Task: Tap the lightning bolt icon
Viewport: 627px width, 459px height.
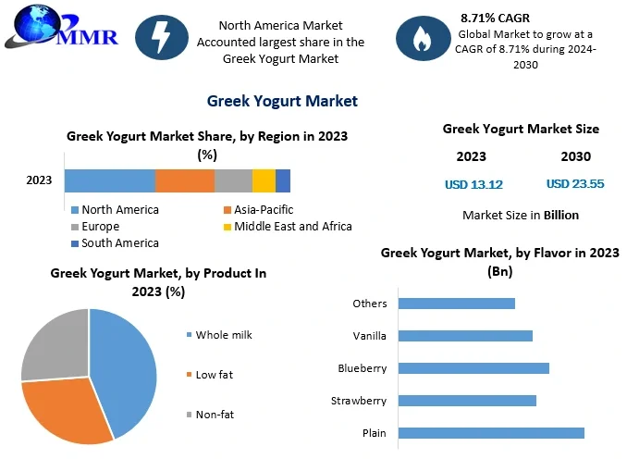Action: [162, 38]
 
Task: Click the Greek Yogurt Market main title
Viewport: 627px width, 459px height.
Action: [282, 101]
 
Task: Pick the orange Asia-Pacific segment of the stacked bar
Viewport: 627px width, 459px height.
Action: [185, 180]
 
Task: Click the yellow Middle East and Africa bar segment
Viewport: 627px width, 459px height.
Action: [264, 180]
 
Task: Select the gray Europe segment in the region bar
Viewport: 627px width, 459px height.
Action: [233, 180]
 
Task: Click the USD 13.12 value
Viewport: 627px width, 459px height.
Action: [473, 184]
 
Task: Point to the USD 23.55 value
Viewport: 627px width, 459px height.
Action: [575, 184]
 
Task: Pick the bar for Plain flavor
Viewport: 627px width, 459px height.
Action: [491, 433]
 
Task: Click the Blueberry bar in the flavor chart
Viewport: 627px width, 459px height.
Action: [473, 368]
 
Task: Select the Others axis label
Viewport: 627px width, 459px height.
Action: [370, 304]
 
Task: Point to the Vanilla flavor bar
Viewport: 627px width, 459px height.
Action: [465, 336]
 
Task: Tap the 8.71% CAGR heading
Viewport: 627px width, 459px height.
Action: [495, 18]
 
